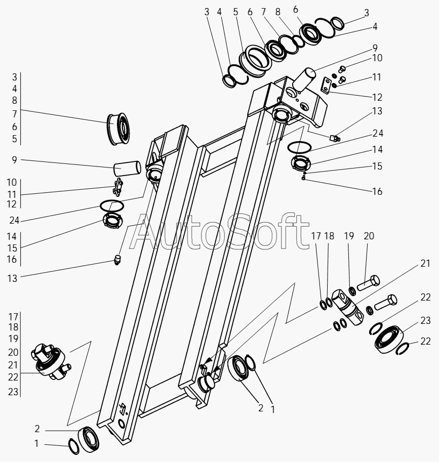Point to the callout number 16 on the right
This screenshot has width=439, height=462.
377,192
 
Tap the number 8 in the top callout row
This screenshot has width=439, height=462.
278,12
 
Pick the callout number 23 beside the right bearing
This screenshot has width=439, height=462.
425,320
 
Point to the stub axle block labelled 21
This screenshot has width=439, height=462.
348,306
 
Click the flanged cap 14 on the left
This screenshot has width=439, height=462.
112,221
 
